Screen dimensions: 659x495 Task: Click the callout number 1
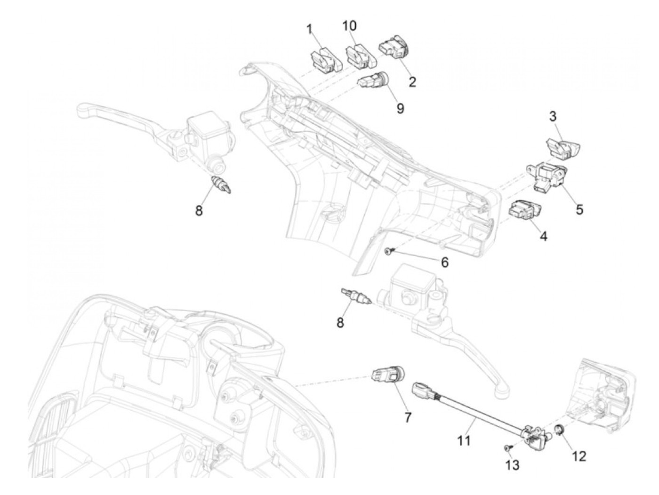[x=309, y=30]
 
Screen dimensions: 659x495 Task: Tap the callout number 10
[x=349, y=26]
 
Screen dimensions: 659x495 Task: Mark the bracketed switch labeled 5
[x=546, y=176]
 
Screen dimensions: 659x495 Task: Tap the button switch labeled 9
[x=374, y=80]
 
